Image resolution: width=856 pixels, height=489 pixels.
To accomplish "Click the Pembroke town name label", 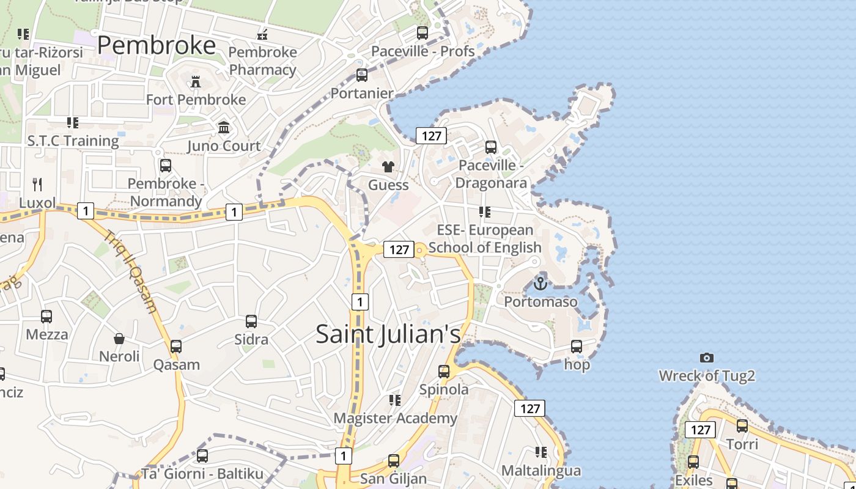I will [157, 46].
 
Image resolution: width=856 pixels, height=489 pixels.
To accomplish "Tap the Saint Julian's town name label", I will [388, 334].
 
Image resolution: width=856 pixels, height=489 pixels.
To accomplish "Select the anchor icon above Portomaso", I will [540, 284].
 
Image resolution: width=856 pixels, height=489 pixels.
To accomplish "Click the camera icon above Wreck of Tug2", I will [707, 358].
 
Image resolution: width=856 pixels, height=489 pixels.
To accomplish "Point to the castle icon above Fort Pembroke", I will [196, 81].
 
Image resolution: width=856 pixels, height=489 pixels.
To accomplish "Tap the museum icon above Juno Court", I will [224, 128].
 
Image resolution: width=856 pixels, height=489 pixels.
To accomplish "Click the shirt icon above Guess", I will [388, 166].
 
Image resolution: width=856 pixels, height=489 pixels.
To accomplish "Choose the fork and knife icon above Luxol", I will [37, 184].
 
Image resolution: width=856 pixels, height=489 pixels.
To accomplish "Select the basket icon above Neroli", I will [119, 339].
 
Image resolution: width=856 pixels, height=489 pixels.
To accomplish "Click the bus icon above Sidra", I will [251, 322].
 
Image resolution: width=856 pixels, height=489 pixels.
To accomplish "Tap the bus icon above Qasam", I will [176, 347].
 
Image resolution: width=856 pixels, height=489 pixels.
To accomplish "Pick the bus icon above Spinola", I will [444, 371].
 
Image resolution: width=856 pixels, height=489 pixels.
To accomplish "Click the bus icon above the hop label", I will [577, 347].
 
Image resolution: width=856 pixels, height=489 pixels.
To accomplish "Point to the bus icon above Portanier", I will [362, 75].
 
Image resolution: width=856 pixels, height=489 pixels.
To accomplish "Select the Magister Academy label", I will [395, 418].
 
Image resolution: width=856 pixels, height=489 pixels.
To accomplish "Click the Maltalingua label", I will [541, 471].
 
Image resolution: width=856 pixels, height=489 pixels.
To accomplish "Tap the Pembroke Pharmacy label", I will [262, 61].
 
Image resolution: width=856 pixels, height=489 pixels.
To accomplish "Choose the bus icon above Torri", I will [742, 426].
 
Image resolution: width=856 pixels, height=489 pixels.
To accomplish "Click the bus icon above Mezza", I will [46, 317].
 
